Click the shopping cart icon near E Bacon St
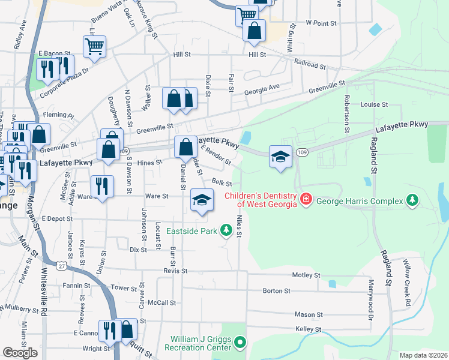95,46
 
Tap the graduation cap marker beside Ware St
202,200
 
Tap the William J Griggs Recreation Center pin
240,343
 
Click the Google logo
20,353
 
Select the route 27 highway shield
62,265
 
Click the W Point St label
320,22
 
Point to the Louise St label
374,104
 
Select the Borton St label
277,291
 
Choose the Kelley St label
309,329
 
